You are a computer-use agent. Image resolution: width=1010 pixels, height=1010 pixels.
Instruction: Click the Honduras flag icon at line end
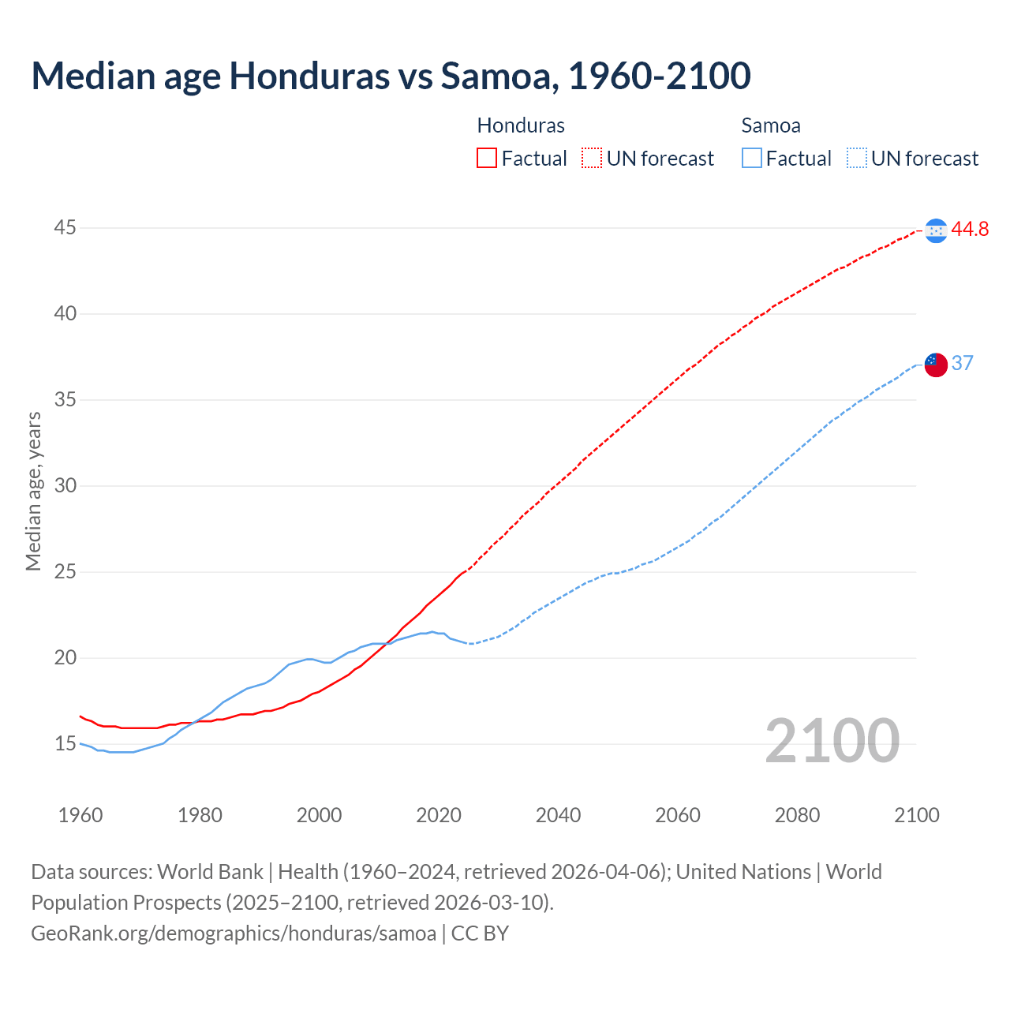[x=936, y=230]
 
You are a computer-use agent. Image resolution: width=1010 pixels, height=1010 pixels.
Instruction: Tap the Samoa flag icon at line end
[x=936, y=365]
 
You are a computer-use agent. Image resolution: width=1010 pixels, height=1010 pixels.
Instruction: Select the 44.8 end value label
[x=970, y=230]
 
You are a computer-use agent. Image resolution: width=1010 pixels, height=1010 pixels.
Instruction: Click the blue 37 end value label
[x=962, y=363]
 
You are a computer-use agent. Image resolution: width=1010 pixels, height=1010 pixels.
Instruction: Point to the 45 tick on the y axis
[x=65, y=228]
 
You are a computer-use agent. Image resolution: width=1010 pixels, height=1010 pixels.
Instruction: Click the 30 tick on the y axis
[x=65, y=485]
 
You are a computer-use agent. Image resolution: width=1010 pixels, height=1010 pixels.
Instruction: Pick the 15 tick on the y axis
[x=65, y=743]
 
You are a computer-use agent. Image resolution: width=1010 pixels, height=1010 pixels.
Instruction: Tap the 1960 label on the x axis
[x=80, y=815]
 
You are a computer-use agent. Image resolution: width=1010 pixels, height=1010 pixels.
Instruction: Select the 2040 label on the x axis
[x=558, y=815]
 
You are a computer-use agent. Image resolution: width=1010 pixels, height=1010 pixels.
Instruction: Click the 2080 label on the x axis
[x=797, y=815]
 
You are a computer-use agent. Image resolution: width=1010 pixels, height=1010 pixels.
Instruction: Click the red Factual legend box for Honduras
[x=487, y=159]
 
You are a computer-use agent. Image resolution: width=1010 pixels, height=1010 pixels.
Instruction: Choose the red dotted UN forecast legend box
[x=592, y=159]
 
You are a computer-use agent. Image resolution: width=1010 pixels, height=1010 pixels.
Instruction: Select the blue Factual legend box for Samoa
[x=752, y=159]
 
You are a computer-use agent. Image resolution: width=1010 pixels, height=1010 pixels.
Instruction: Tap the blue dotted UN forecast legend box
[x=857, y=159]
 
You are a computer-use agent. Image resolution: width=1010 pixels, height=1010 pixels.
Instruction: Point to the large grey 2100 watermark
[x=832, y=740]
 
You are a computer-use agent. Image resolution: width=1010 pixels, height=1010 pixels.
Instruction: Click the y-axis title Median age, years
[x=33, y=491]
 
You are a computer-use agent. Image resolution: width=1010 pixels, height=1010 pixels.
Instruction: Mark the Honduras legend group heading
[x=521, y=125]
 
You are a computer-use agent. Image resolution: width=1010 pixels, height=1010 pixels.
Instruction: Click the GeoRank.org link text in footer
[x=234, y=933]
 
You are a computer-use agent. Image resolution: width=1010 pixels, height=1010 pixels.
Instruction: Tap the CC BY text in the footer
[x=480, y=933]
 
